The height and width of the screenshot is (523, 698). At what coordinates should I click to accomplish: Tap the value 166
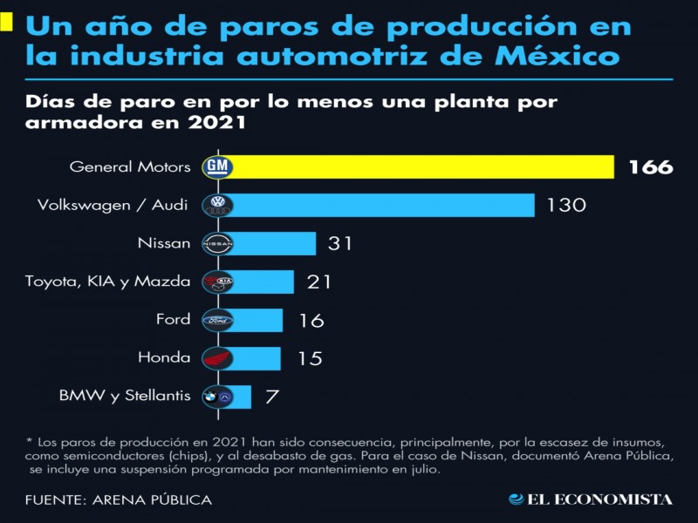point(650,166)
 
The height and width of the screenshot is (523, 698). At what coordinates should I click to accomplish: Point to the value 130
point(566,206)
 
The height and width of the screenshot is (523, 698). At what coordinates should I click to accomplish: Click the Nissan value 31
point(339,243)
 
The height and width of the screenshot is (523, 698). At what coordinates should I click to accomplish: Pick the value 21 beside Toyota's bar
point(319,282)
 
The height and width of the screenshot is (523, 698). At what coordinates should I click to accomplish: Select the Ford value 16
point(311,320)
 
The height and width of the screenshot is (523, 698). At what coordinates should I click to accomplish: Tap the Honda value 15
point(310,358)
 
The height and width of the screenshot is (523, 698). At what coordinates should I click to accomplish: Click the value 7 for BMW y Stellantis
point(272,397)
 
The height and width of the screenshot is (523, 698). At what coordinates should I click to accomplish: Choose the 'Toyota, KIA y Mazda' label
point(107,281)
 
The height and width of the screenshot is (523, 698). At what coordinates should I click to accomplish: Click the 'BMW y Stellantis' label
point(125,396)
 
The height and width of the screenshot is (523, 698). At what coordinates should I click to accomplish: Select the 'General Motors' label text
point(129,166)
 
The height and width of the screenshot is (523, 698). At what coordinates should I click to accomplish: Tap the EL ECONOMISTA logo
point(591,499)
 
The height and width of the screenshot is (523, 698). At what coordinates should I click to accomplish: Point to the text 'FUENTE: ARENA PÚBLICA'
point(119,500)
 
